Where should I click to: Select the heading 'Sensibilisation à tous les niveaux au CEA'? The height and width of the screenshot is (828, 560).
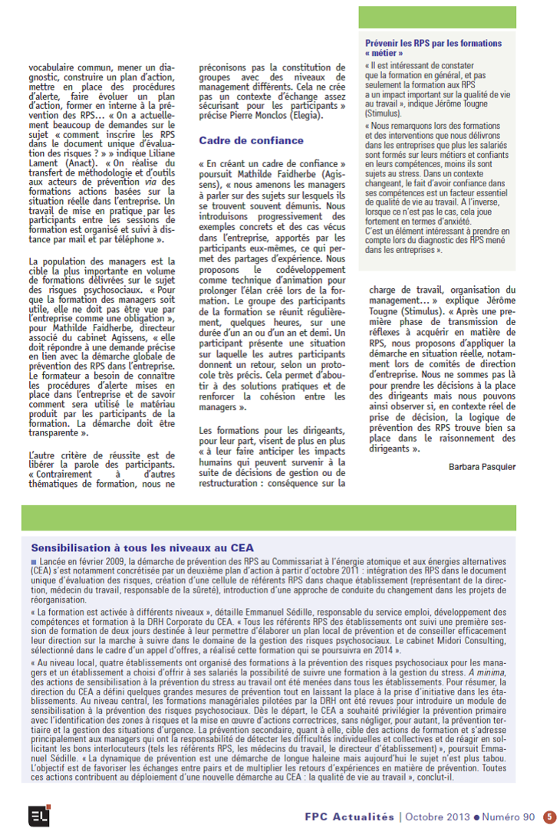[142, 547]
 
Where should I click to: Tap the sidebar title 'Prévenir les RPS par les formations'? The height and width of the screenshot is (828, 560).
[433, 44]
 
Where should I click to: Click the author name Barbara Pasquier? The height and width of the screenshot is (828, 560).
[482, 467]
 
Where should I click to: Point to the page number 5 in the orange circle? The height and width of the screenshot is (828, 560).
[550, 816]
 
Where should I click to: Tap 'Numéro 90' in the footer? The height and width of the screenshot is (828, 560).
[508, 816]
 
